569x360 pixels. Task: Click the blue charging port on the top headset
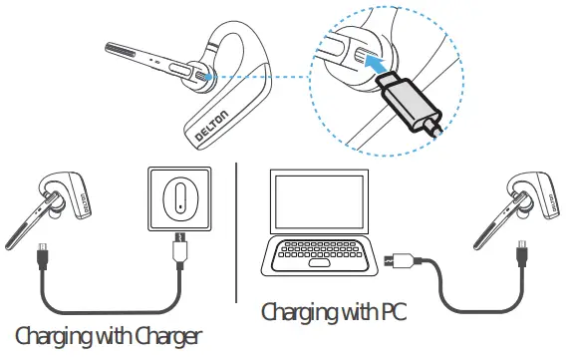(202, 72)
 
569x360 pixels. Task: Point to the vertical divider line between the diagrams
(237, 229)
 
